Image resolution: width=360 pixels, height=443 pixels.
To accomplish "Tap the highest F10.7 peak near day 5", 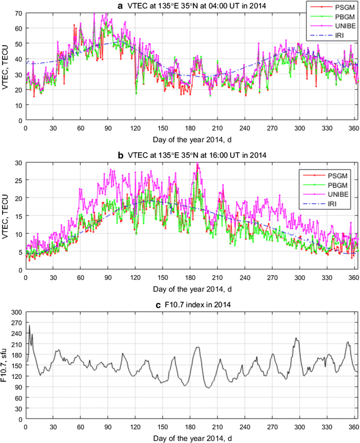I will pos(29,325).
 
